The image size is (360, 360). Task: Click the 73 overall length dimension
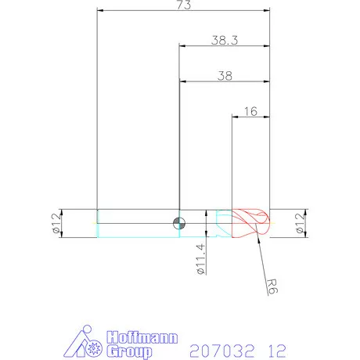[x=184, y=5]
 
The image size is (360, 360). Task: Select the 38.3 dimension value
[x=225, y=41]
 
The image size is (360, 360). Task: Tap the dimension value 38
[x=225, y=76]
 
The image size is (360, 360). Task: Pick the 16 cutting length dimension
[x=250, y=111]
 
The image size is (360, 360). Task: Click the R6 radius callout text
[x=272, y=286]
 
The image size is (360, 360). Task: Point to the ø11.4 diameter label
[x=201, y=259]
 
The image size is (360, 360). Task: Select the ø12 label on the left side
[x=56, y=223]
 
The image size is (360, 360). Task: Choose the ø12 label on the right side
[x=300, y=223]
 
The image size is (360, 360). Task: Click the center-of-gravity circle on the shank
[x=179, y=224]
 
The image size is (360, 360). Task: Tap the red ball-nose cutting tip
[x=250, y=223]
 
